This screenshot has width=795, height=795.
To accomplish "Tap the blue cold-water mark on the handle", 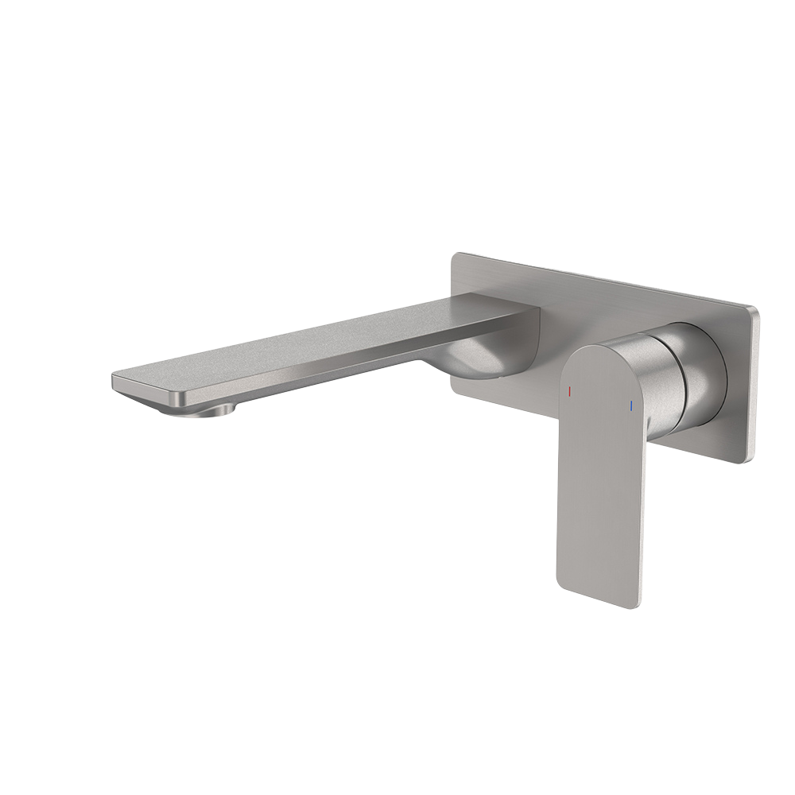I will (x=630, y=406).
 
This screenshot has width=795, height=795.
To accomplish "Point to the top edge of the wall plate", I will (x=604, y=280).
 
